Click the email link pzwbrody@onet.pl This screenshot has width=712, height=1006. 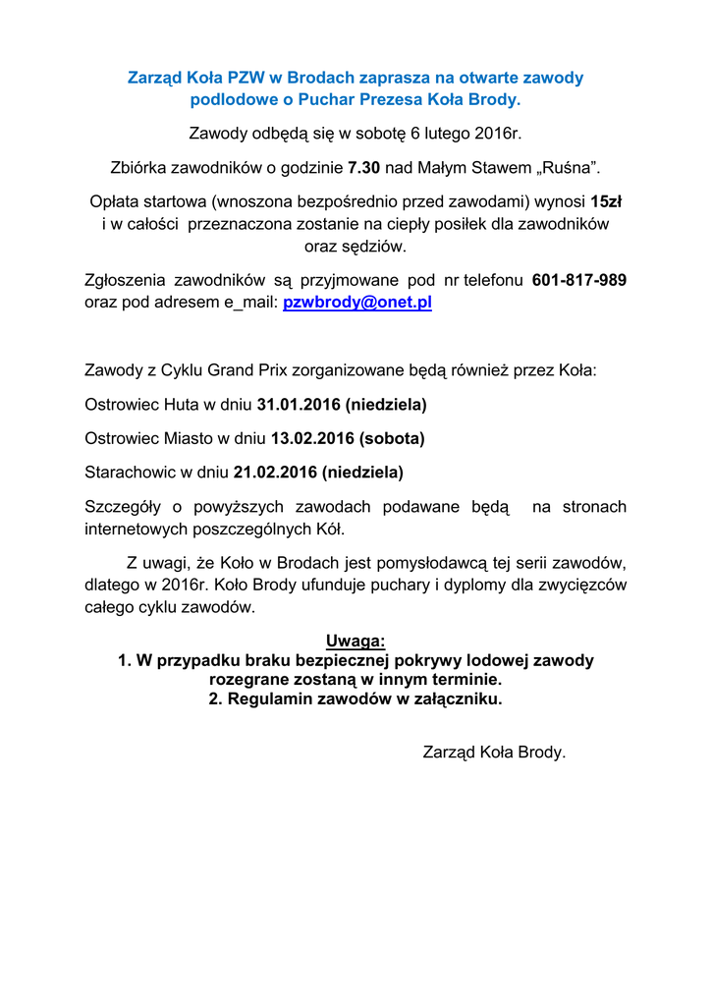click(357, 303)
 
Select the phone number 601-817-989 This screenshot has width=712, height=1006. click(578, 280)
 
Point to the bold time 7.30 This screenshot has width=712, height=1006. click(363, 167)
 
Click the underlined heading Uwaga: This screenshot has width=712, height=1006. click(356, 642)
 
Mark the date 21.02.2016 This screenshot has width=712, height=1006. click(276, 472)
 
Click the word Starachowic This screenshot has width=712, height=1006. click(128, 472)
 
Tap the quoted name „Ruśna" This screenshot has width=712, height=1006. click(567, 167)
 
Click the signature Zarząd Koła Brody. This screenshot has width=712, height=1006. click(494, 753)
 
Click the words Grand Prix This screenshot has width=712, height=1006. click(242, 371)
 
